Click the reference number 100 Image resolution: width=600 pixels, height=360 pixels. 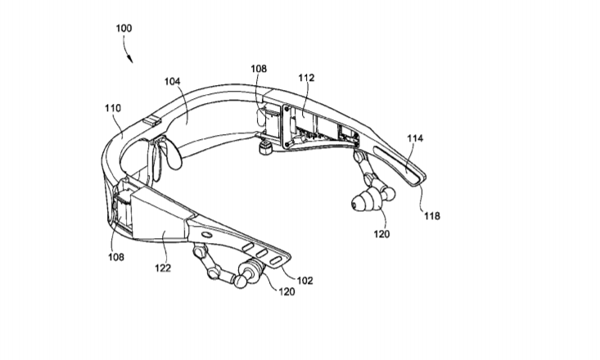pyautogui.click(x=124, y=29)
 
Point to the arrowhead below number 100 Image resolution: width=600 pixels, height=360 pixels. pyautogui.click(x=130, y=58)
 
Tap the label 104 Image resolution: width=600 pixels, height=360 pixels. pyautogui.click(x=172, y=82)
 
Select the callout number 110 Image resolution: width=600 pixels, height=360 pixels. pyautogui.click(x=113, y=108)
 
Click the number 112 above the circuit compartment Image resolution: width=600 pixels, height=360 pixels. pyautogui.click(x=306, y=78)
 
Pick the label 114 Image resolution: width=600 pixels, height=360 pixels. pyautogui.click(x=415, y=138)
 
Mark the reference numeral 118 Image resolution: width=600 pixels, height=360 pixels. pyautogui.click(x=432, y=216)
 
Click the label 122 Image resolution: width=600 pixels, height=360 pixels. pyautogui.click(x=163, y=268)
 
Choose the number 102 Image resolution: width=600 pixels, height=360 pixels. pyautogui.click(x=305, y=281)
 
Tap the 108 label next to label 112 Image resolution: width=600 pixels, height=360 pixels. pyautogui.click(x=259, y=69)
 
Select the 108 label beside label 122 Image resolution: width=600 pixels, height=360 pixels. pyautogui.click(x=116, y=257)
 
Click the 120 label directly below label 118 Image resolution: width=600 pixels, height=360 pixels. pyautogui.click(x=381, y=234)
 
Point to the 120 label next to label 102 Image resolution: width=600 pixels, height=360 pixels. pyautogui.click(x=286, y=292)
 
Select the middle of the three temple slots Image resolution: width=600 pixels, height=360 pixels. pyautogui.click(x=262, y=253)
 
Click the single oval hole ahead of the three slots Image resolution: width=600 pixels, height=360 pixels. pyautogui.click(x=206, y=234)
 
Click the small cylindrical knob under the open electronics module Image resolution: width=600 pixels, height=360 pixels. pyautogui.click(x=264, y=147)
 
